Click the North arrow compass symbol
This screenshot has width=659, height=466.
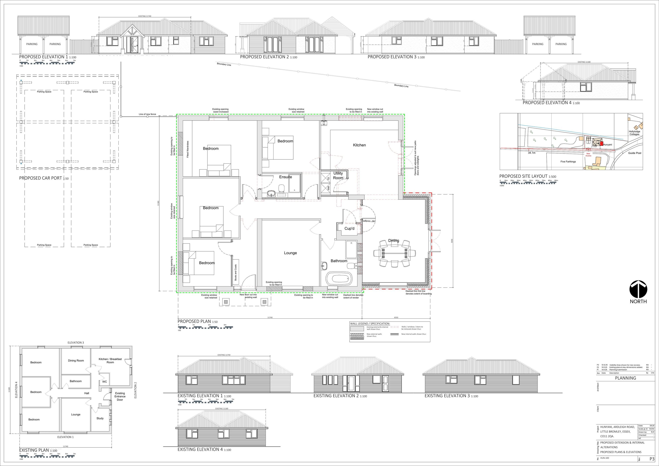[x=638, y=290]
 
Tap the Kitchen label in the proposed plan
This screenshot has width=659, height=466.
[x=359, y=145]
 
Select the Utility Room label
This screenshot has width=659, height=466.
[x=338, y=175]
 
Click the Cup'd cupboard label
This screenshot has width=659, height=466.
[x=349, y=229]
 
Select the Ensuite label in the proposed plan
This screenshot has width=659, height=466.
[x=285, y=177]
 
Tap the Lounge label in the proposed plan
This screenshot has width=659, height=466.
[x=290, y=253]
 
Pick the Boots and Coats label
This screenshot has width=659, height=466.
[x=236, y=272]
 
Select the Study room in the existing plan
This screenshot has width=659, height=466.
[x=100, y=418]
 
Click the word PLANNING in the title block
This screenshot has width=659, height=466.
[x=625, y=378]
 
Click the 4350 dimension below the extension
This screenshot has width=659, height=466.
[x=396, y=318]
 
